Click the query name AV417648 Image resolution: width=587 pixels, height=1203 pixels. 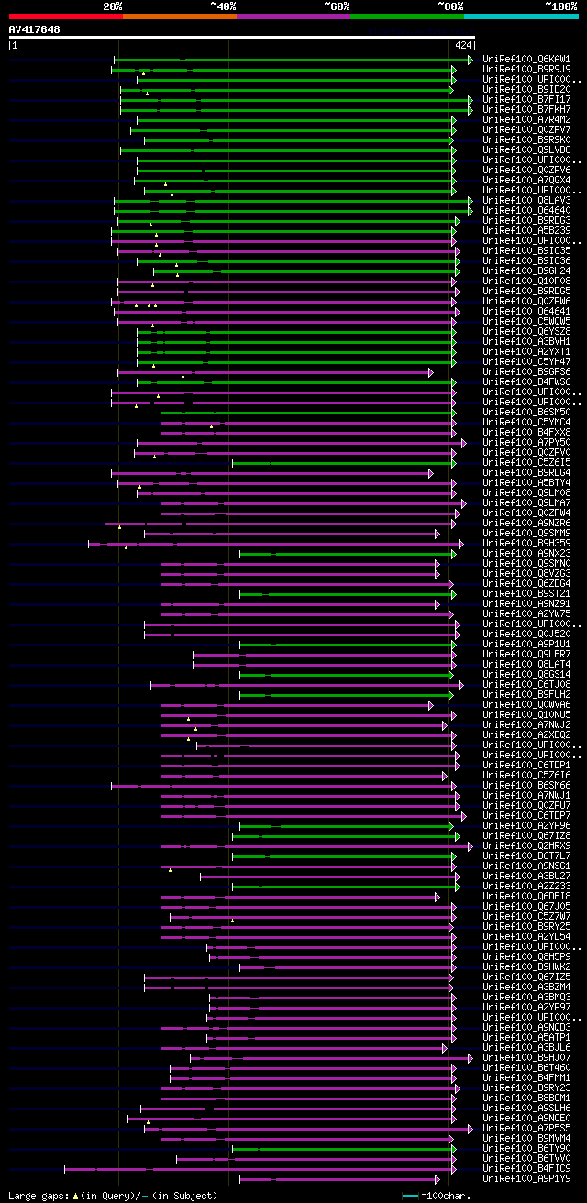(34, 29)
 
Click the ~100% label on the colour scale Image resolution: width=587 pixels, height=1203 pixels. (560, 6)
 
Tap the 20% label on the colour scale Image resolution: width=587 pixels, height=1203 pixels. (113, 6)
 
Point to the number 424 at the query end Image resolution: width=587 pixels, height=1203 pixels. (463, 44)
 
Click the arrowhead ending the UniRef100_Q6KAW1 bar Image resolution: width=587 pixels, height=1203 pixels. (471, 59)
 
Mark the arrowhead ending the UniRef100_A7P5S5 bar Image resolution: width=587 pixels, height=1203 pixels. (471, 1128)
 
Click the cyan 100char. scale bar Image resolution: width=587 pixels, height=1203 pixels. (410, 1196)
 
